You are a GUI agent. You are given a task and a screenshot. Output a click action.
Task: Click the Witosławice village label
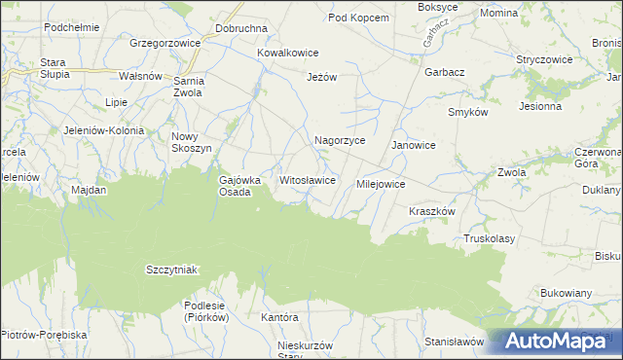tap(308, 180)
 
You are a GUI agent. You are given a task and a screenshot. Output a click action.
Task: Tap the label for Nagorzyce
tap(340, 140)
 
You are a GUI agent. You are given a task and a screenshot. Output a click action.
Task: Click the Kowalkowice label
tap(288, 54)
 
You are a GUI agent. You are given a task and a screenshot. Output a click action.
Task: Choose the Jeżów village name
tap(321, 77)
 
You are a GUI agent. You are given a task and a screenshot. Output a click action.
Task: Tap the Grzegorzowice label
tap(165, 44)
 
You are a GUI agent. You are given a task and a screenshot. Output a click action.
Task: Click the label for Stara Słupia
tap(53, 68)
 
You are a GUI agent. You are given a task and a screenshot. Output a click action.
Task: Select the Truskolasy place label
tap(490, 237)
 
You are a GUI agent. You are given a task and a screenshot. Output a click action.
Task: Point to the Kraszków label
tap(432, 210)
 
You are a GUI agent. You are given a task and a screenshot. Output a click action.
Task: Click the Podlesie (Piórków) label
tap(205, 310)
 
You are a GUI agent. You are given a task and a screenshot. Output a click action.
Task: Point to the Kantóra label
tap(278, 317)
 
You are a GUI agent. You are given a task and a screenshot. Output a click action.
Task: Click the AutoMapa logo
tap(555, 342)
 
